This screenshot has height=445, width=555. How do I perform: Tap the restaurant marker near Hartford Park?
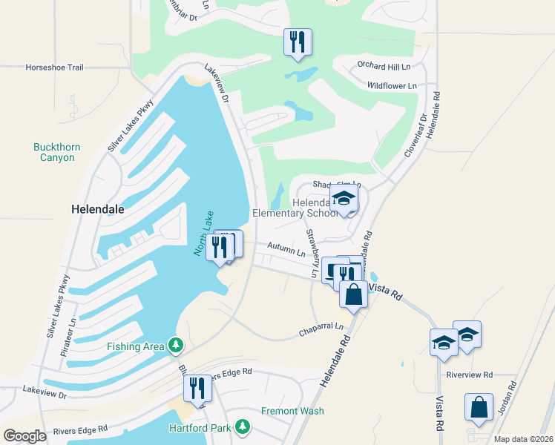coord(197,388)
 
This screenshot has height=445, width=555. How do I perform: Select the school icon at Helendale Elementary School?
coord(344,198)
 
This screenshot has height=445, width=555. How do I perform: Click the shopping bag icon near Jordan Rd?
coord(479,407)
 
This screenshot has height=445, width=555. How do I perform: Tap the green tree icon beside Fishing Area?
coord(176,345)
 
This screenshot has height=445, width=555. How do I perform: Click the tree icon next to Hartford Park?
coord(242,426)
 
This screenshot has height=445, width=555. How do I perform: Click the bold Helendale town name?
coord(97,209)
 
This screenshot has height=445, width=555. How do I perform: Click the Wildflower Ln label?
coord(391,86)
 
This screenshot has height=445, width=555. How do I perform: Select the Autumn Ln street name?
coord(286,252)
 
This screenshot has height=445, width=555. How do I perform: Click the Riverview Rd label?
coord(470,375)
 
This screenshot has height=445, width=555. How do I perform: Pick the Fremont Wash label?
coord(292,411)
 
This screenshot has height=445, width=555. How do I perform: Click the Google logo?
coord(24,436)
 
